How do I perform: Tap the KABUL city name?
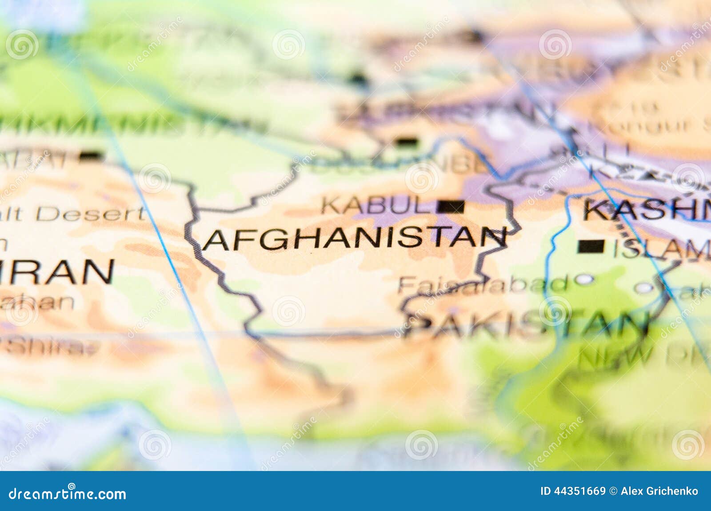[378, 205]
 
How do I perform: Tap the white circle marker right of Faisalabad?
[585, 279]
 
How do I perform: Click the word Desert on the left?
[91, 214]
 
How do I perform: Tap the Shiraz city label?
[49, 347]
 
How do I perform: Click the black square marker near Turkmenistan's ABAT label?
[91, 156]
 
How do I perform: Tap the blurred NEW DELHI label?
[640, 355]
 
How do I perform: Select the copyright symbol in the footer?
[613, 491]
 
